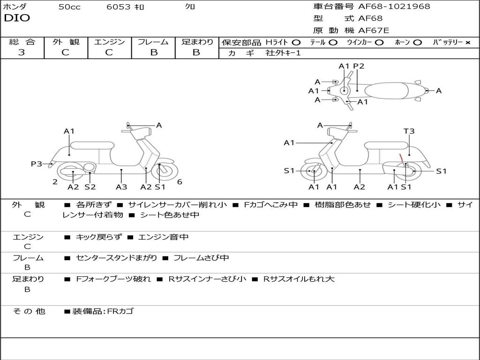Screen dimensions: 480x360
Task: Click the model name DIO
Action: [x=17, y=18]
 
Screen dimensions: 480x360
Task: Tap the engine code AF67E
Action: [x=374, y=31]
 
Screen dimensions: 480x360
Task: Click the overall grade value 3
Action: [x=22, y=52]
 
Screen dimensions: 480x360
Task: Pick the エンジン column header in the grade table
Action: [x=109, y=42]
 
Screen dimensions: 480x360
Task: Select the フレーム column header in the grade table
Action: [x=153, y=42]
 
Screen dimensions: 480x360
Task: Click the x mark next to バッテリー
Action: [x=467, y=42]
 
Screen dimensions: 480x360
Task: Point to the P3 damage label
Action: [x=37, y=164]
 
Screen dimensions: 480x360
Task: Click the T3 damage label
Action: [x=409, y=131]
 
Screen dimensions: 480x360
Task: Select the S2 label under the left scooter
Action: [x=90, y=187]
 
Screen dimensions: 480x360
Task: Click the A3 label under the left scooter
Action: [x=121, y=187]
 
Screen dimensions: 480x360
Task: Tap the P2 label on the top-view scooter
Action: [x=359, y=66]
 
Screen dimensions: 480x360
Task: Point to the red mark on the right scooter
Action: [x=401, y=158]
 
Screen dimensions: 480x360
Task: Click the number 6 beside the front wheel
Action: [x=180, y=182]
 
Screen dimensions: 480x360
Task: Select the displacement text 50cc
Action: [x=69, y=7]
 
